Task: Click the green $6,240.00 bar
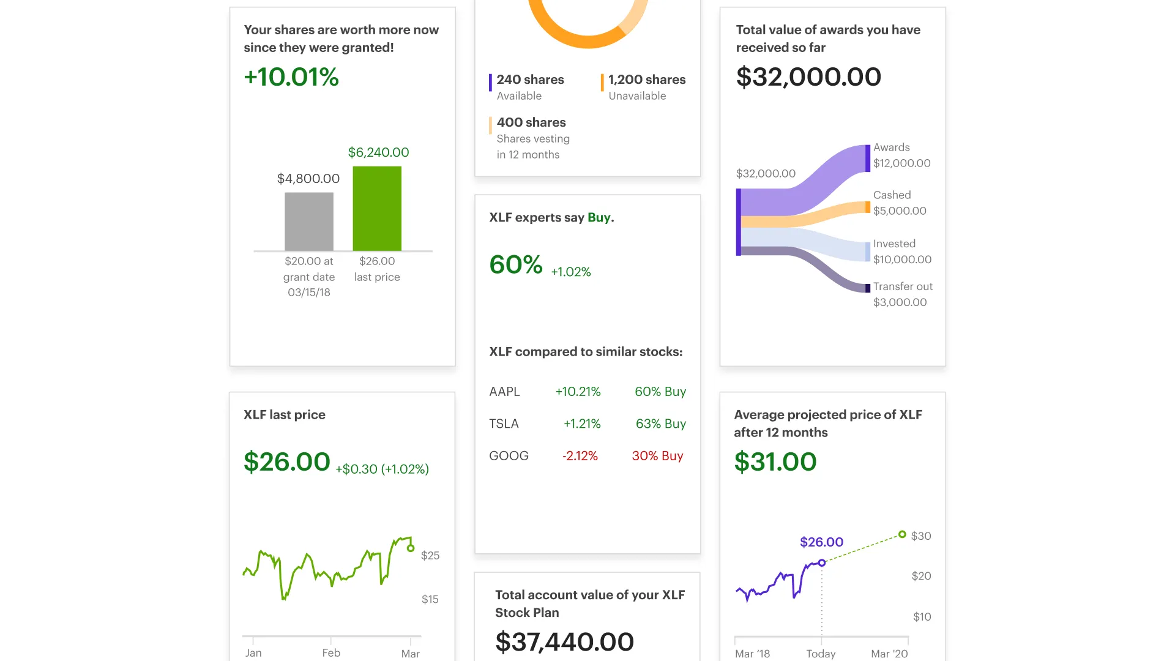(377, 208)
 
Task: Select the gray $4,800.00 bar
(309, 222)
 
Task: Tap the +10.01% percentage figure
(291, 77)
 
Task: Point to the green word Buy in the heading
(599, 217)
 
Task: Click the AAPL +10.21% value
(578, 392)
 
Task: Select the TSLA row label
(504, 424)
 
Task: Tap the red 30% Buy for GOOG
(657, 456)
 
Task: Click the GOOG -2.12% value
(580, 456)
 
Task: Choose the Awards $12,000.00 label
(901, 155)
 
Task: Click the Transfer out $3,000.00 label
(903, 294)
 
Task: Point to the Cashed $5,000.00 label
(900, 203)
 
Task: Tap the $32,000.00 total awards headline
(808, 77)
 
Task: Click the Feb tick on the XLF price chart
(331, 652)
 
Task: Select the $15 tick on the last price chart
(430, 599)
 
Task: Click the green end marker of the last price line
(411, 548)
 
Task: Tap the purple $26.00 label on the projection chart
(821, 542)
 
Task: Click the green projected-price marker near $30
(902, 534)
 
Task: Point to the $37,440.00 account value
(564, 642)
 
